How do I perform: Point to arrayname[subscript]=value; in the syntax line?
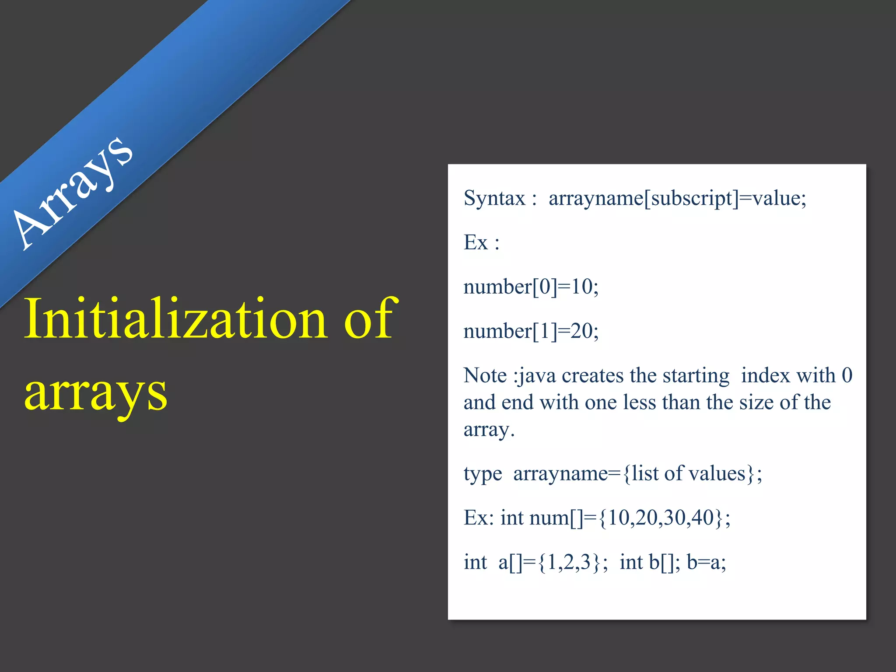(677, 198)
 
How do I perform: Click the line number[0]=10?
(531, 287)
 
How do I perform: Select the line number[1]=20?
(531, 331)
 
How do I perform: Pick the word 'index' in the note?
(766, 375)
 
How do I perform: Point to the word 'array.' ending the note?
(489, 430)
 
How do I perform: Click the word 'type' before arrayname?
(483, 474)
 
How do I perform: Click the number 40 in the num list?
(703, 518)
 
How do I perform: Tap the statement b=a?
(706, 562)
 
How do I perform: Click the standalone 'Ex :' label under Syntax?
(481, 243)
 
